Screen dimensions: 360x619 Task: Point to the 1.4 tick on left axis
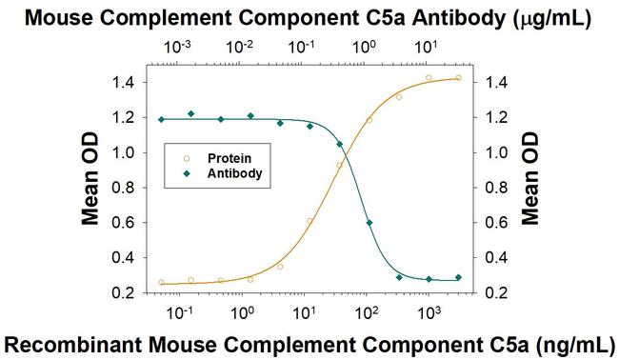130,83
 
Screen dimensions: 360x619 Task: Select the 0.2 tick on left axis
130,292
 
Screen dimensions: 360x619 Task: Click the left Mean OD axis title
91,189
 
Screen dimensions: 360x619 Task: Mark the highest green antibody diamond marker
191,113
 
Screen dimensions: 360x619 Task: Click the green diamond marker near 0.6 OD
369,223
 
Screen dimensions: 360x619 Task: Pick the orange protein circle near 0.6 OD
309,221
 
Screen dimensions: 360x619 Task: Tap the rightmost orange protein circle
459,78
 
